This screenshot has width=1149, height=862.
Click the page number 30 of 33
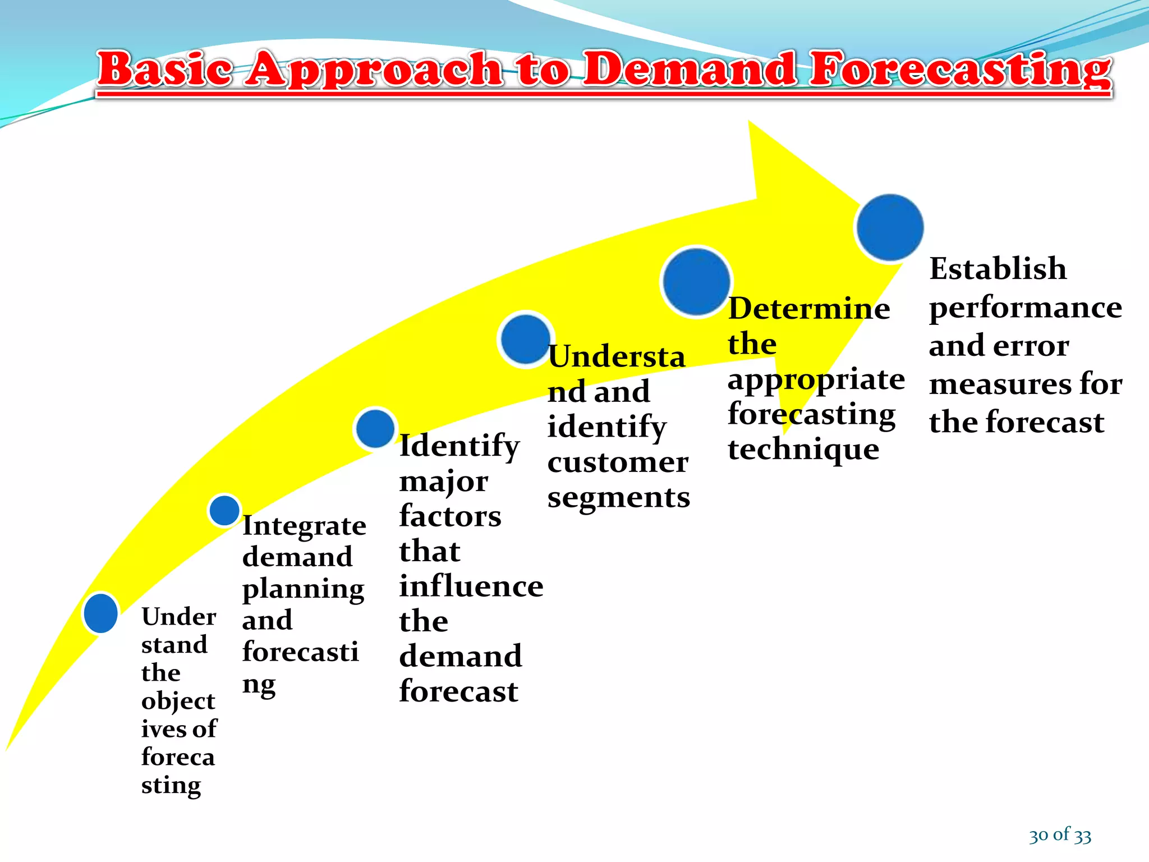(1060, 835)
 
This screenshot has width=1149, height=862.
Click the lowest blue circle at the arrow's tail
(101, 613)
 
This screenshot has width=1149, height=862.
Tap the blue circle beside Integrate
(224, 510)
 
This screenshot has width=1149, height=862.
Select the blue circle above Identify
(375, 429)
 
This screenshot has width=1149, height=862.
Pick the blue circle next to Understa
(526, 339)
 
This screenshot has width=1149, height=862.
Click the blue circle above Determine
(696, 282)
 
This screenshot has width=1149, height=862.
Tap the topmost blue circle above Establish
(890, 227)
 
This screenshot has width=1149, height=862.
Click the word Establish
(998, 268)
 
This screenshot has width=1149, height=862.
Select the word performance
(1026, 308)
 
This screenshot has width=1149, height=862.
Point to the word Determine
(808, 309)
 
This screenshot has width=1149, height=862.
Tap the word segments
(618, 498)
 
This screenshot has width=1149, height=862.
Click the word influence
(471, 586)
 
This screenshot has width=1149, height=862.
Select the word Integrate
(304, 526)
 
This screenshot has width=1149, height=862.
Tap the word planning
(303, 589)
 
